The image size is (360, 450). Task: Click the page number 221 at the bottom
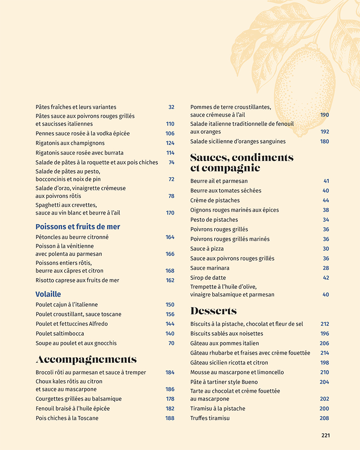[x=325, y=435]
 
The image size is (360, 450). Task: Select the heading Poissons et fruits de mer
[x=78, y=227]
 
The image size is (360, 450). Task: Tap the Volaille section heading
[x=48, y=294]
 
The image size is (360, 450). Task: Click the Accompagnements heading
[x=86, y=360]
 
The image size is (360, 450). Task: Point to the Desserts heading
[x=213, y=311]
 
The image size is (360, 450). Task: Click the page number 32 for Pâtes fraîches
[x=171, y=107]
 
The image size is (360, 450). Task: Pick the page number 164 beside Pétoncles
[x=170, y=237]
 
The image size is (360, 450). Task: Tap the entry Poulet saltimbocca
[x=60, y=333]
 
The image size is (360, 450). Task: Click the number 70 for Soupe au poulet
[x=171, y=343]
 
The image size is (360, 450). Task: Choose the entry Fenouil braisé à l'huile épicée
[x=72, y=409]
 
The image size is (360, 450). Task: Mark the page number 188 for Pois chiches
[x=170, y=418]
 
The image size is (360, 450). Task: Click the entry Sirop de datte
[x=208, y=278]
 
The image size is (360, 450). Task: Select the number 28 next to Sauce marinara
[x=326, y=268]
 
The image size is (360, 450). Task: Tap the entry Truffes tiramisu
[x=210, y=418]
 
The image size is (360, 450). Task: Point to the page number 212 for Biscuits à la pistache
[x=324, y=324]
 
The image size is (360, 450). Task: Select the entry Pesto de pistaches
[x=214, y=220]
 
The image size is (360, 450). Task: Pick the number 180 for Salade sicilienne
[x=324, y=141]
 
